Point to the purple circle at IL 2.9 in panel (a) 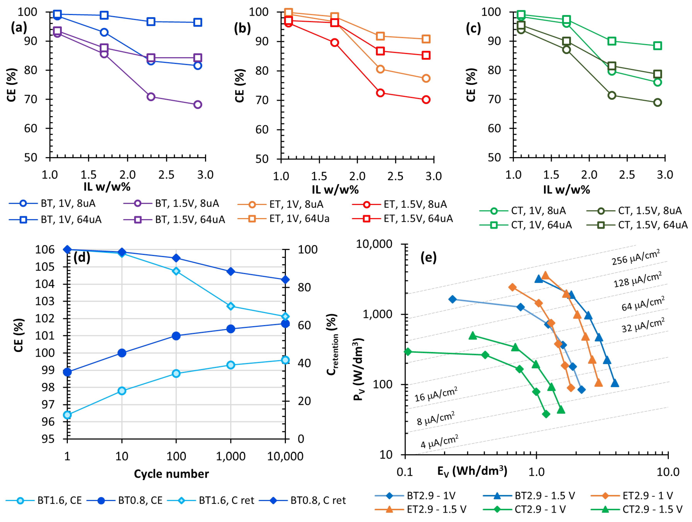[197, 105]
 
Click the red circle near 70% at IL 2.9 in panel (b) [426, 100]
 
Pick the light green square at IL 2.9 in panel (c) [658, 46]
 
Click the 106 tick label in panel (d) [45, 250]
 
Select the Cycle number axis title [171, 474]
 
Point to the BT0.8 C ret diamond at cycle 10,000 [285, 280]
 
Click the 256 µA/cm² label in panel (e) [636, 257]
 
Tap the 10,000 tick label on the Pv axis [374, 244]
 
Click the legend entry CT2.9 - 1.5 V [652, 509]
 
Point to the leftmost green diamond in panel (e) [408, 352]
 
